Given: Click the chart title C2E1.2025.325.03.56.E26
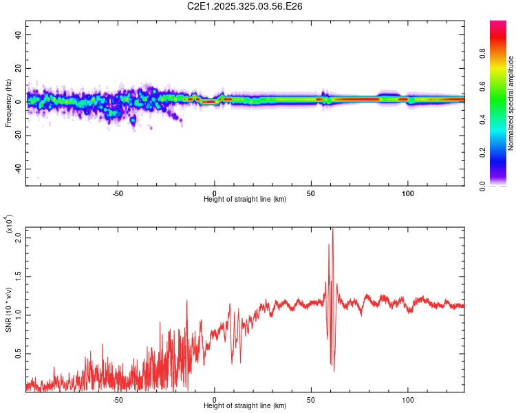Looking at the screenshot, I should pos(245,6).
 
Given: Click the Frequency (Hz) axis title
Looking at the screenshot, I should pos(9,103).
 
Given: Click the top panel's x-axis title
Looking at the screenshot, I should pos(245,199).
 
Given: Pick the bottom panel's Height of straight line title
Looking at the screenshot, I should pos(245,405).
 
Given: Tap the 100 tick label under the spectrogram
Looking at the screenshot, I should pos(408,193).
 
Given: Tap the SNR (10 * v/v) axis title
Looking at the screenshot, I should pos(9,310).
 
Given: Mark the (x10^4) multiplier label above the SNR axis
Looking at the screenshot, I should pos(9,224).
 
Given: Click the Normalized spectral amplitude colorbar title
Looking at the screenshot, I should pos(510,103).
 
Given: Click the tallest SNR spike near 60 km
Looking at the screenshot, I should pos(332,231).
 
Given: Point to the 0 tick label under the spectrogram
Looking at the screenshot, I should pos(215,193).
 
